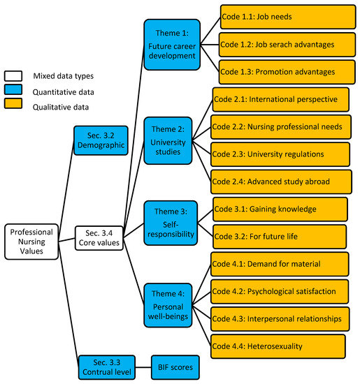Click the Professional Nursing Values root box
click(x=32, y=241)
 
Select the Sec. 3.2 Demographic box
click(x=102, y=140)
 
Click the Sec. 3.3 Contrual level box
click(x=104, y=367)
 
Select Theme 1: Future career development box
click(x=172, y=44)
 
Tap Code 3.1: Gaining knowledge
click(x=280, y=209)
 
